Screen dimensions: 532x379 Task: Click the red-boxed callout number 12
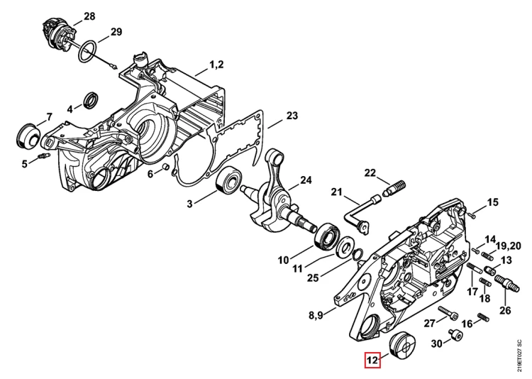[372, 360]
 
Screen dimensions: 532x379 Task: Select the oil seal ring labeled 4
[92, 101]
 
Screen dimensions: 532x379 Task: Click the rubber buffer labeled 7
[28, 136]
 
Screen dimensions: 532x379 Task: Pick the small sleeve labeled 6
[165, 167]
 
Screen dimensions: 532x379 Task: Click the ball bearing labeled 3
[228, 182]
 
